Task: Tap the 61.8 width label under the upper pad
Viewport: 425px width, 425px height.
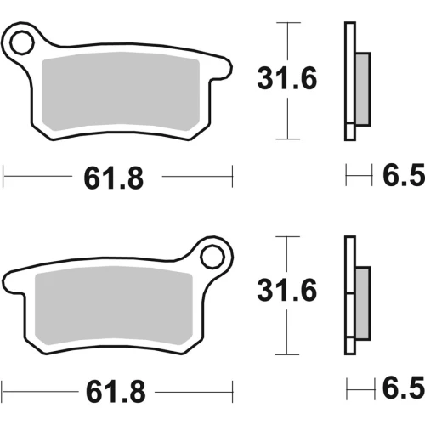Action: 114,178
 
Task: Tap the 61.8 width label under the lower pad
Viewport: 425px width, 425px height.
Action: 116,392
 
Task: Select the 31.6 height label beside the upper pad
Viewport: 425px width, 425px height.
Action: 287,78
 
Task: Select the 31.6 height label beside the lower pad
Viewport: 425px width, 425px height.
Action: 286,290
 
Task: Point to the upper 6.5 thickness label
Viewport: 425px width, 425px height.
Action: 404,174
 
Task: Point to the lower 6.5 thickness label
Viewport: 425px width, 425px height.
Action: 404,388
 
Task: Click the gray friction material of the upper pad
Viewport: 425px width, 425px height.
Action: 121,91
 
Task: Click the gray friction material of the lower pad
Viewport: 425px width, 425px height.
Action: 114,305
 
